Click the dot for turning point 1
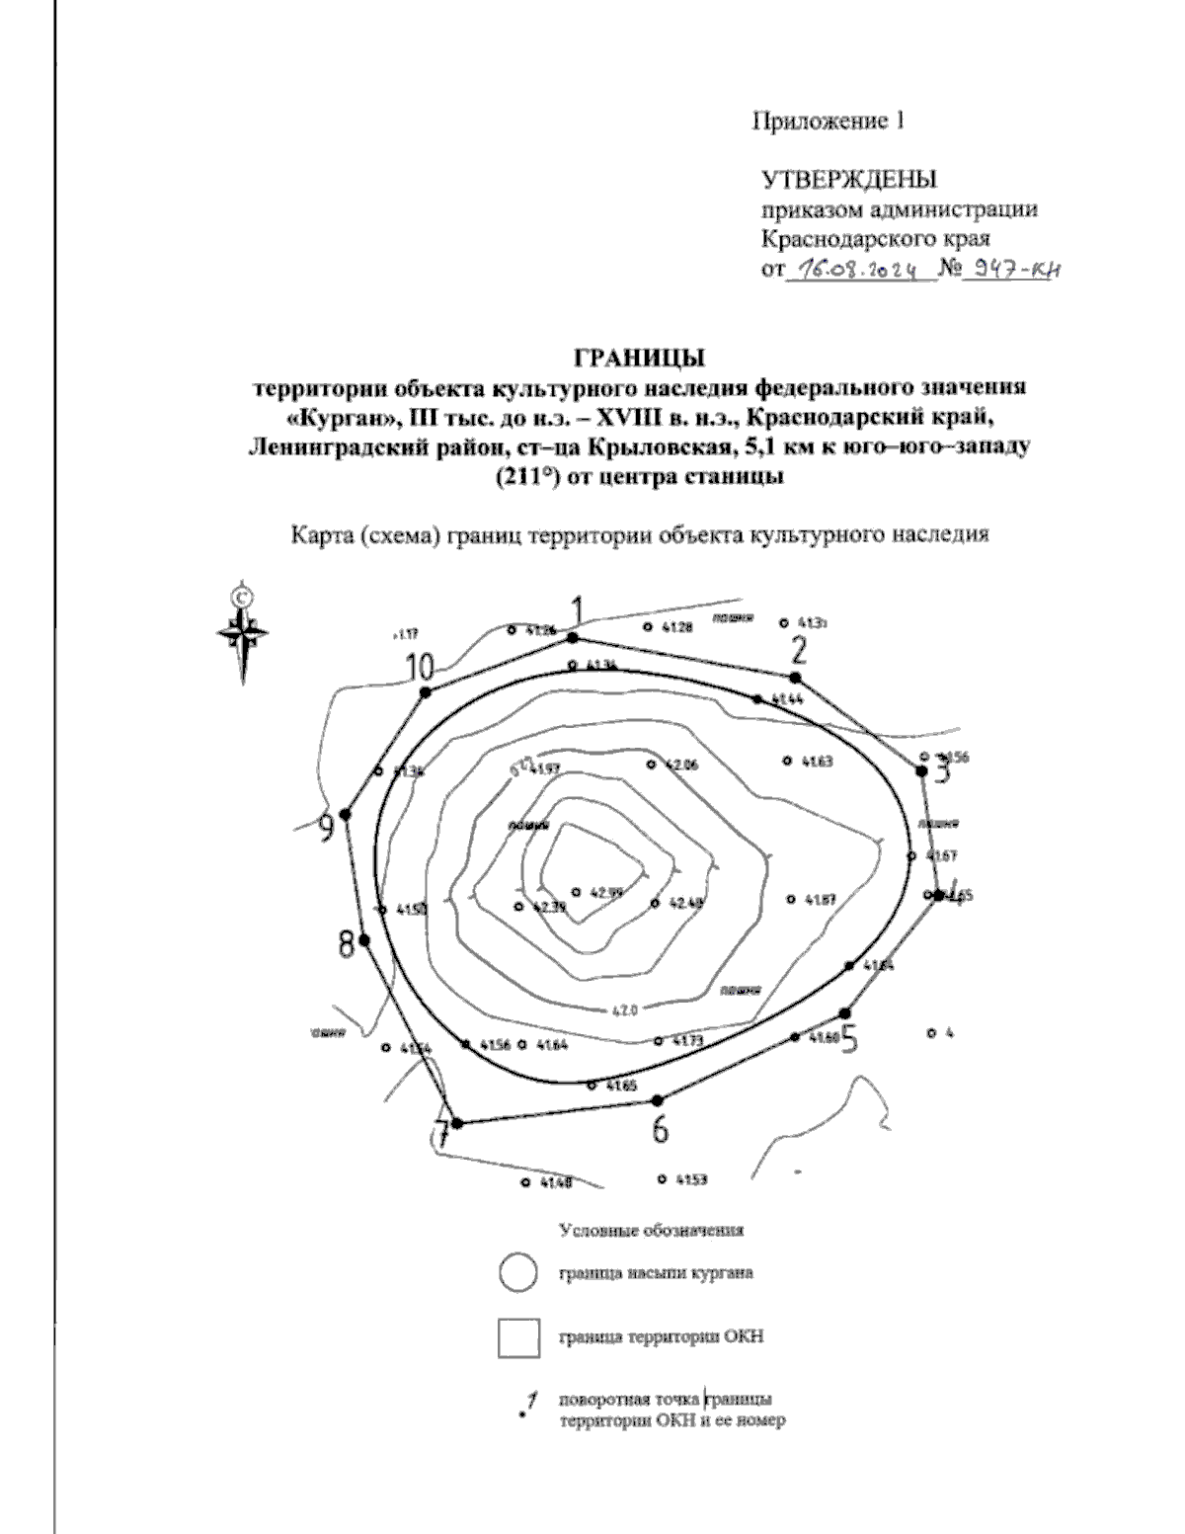pyautogui.click(x=572, y=638)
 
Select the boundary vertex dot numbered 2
pyautogui.click(x=795, y=677)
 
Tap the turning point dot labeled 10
pyautogui.click(x=426, y=692)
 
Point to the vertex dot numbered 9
pyautogui.click(x=345, y=814)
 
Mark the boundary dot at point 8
pyautogui.click(x=364, y=940)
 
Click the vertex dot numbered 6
pyautogui.click(x=659, y=1099)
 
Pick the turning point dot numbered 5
pyautogui.click(x=844, y=1012)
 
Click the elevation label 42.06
pyautogui.click(x=682, y=765)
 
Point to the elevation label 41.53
pyautogui.click(x=691, y=1179)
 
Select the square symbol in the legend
pyautogui.click(x=518, y=1338)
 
